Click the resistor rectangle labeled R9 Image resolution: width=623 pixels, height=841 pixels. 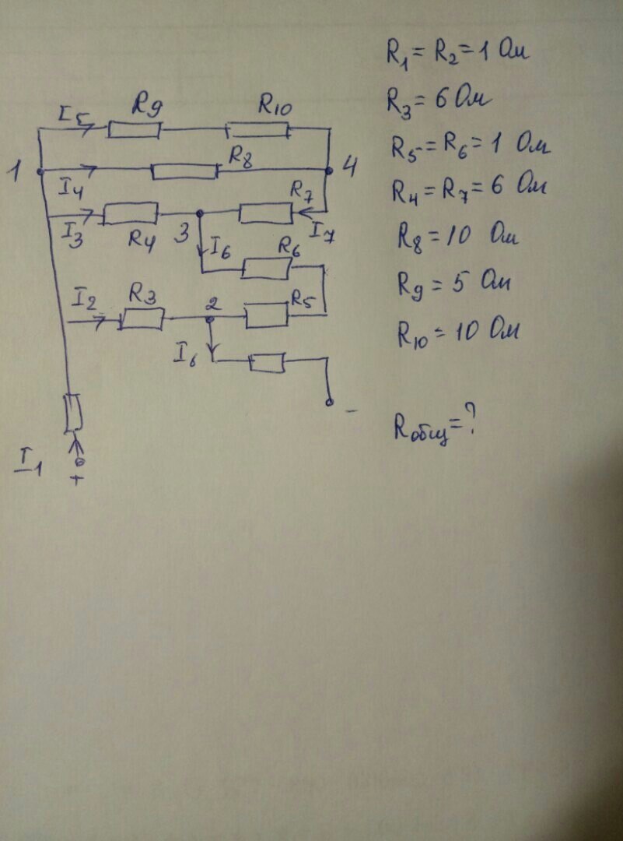click(134, 129)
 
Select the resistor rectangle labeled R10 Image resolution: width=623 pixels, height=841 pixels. click(260, 129)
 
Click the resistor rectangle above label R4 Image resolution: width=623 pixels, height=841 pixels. click(131, 212)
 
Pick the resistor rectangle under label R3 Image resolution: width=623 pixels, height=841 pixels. click(142, 318)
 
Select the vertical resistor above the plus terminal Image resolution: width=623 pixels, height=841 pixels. click(73, 413)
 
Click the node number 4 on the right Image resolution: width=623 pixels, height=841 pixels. click(351, 167)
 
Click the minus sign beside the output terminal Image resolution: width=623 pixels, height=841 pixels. click(350, 408)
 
